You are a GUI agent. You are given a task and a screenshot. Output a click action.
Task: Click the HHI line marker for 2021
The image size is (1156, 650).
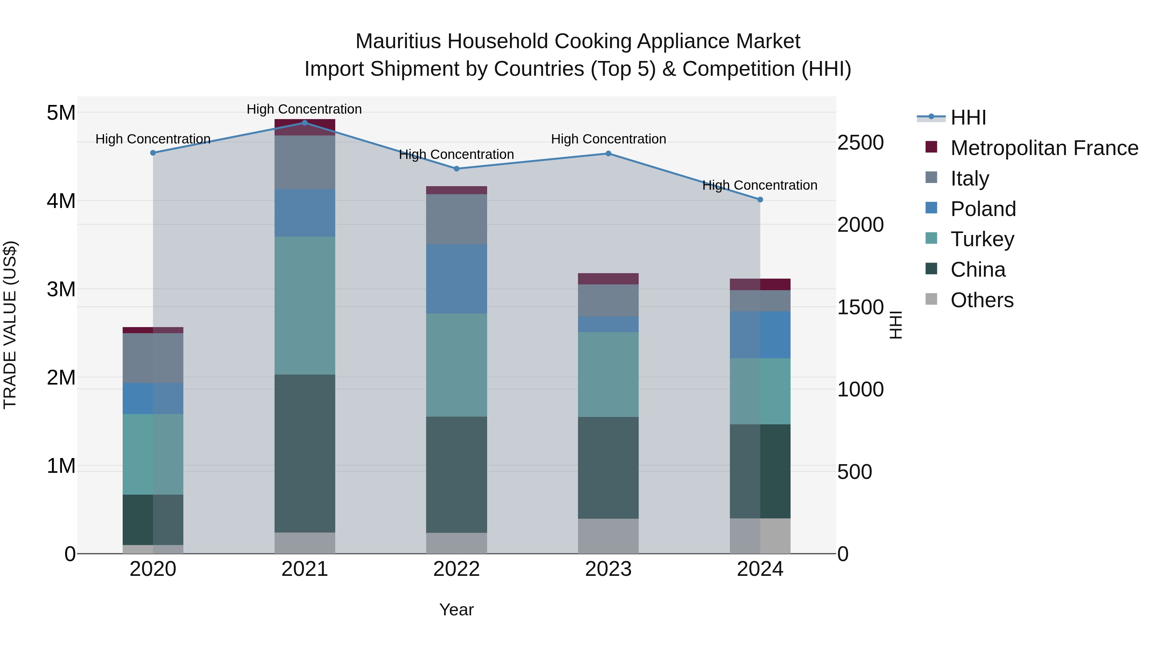[x=305, y=123]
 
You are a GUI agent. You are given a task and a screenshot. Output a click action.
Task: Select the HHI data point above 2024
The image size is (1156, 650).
[x=760, y=200]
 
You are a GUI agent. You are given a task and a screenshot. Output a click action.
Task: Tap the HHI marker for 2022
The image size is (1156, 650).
[x=456, y=169]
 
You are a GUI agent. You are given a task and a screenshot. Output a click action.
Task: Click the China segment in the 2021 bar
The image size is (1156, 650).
[x=305, y=453]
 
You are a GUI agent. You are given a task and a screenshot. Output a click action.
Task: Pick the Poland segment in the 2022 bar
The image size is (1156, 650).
[x=456, y=279]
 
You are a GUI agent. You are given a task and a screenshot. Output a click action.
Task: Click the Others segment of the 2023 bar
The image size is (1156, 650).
[x=608, y=536]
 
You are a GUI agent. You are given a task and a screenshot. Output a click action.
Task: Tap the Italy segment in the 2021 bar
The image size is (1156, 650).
[x=305, y=162]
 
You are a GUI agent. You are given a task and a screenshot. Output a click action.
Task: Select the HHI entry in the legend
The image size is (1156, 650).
[x=968, y=117]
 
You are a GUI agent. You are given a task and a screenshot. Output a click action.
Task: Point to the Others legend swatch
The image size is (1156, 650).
[x=931, y=299]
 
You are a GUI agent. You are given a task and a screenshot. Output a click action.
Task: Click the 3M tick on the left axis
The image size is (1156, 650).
[x=61, y=289]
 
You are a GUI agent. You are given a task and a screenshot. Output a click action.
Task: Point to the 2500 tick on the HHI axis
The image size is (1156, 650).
[x=860, y=143]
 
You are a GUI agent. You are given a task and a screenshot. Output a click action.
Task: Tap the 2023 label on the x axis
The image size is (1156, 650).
[x=608, y=569]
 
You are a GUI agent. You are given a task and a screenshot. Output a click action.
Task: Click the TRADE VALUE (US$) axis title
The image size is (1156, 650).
[x=10, y=325]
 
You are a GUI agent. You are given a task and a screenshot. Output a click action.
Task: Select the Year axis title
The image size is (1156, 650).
[x=456, y=610]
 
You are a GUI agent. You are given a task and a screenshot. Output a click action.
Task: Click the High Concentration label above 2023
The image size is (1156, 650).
[x=608, y=139]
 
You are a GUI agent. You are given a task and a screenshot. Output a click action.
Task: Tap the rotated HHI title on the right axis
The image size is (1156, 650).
[x=896, y=325]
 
